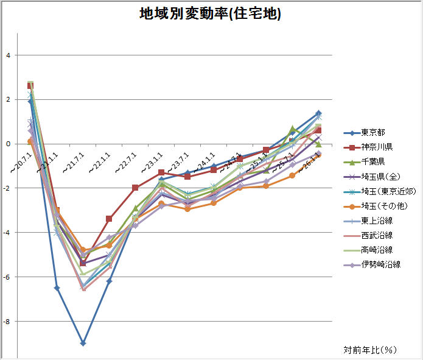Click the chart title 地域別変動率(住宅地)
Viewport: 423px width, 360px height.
pos(211,14)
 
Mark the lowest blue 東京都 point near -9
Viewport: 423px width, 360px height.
pos(83,344)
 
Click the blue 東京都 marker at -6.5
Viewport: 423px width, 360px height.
pos(57,288)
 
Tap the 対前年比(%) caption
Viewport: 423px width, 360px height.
pos(370,350)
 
